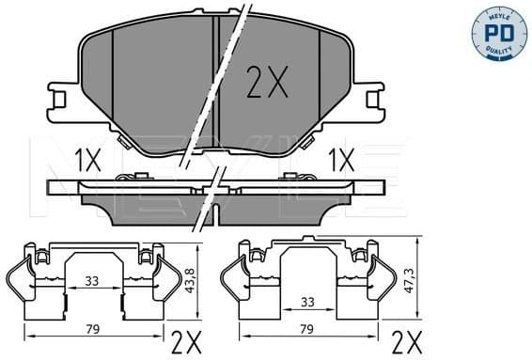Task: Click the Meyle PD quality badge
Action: click(498, 32)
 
